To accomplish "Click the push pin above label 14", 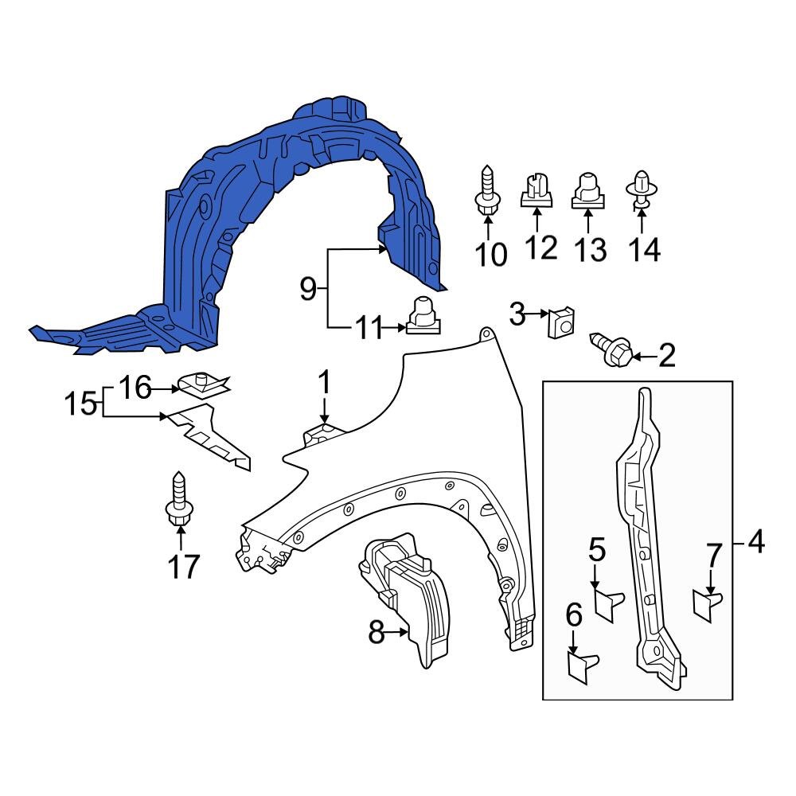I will coord(641,191).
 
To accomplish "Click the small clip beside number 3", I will coord(562,322).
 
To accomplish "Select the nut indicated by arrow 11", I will coord(422,318).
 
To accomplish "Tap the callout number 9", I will coord(307,290).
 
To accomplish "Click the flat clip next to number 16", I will coord(202,386).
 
